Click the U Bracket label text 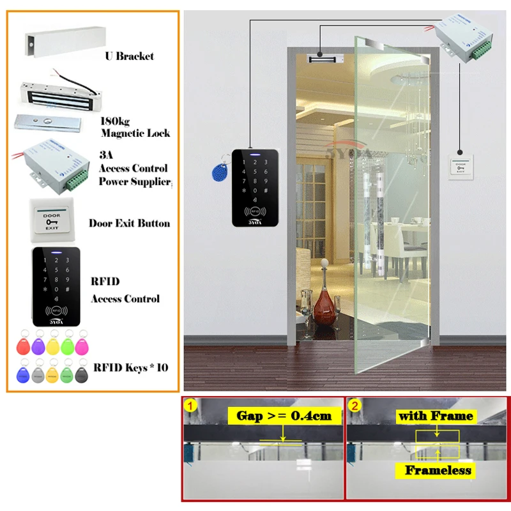[x=129, y=56]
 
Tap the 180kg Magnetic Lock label [x=135, y=127]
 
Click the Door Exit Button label [x=129, y=223]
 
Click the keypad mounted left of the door [x=255, y=187]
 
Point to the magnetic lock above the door [x=327, y=59]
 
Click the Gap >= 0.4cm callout [x=284, y=416]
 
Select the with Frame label [x=436, y=416]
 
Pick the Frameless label [x=438, y=471]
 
